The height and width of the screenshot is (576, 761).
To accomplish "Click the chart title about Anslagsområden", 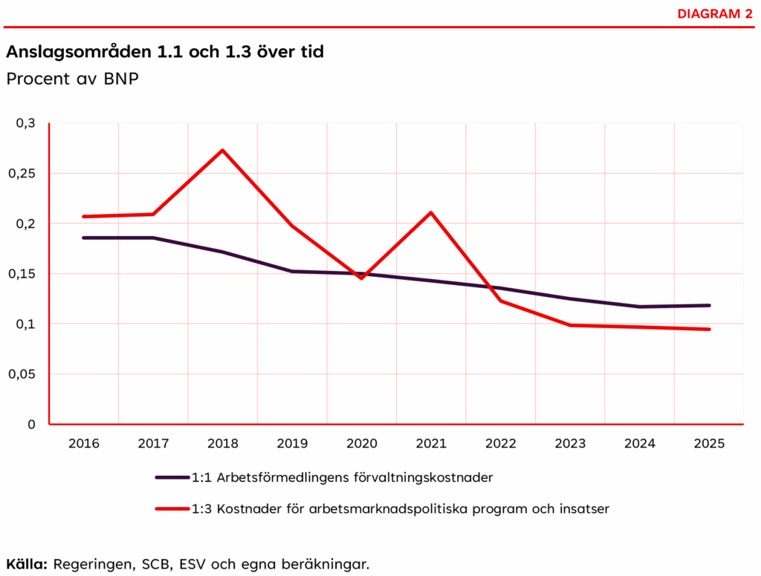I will coord(165,53).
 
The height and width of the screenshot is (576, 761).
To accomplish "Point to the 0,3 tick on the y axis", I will coord(25,123).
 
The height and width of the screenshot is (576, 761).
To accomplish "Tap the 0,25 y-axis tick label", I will coord(22,174).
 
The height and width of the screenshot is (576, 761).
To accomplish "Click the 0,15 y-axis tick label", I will coord(22,274).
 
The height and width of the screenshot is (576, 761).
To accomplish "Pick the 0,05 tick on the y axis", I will coord(22,374).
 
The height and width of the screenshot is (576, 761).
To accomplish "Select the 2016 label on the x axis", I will coord(83,443).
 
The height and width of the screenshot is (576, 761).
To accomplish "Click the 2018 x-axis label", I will coord(222,443).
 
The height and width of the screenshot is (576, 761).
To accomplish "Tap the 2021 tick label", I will coord(431,443).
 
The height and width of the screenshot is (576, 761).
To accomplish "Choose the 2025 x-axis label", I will coord(709,443).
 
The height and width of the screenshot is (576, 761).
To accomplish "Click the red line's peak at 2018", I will coord(222,151).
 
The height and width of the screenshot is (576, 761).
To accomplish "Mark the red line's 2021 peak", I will coord(431,213).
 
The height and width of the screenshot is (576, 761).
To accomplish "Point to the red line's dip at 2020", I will coord(361,278).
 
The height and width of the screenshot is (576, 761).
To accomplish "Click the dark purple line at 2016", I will coord(83,238).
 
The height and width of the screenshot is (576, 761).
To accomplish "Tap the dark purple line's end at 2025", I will coord(709,305).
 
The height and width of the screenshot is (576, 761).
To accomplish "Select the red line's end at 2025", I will coord(709,329).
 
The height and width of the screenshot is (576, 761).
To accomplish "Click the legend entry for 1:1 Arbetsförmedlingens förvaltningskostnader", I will coord(342,477).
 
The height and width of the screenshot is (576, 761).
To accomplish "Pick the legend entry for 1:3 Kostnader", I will coord(400,508).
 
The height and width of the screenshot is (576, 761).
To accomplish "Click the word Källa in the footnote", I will coord(27,563).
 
